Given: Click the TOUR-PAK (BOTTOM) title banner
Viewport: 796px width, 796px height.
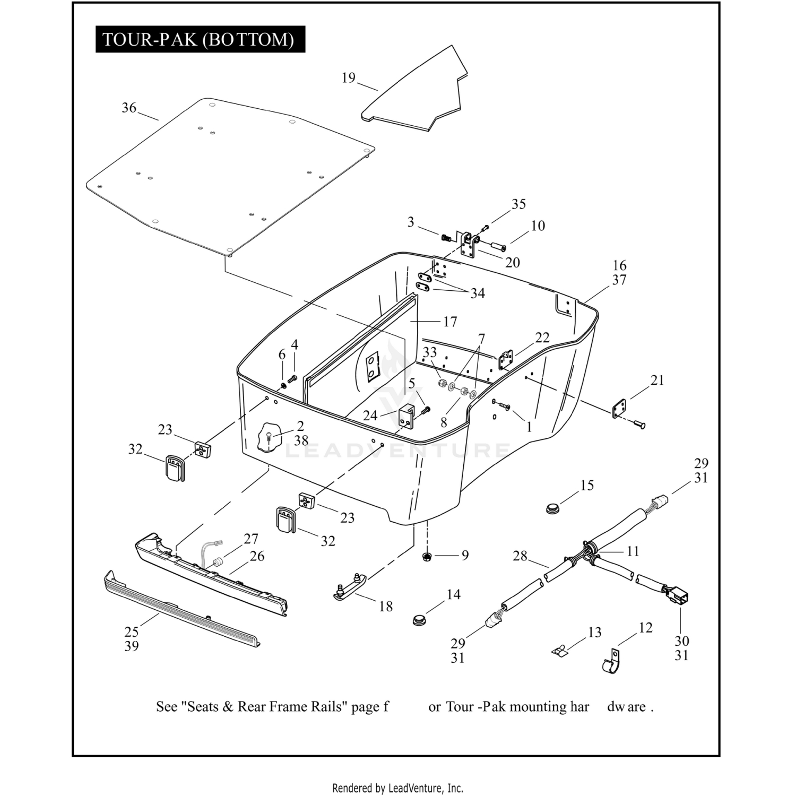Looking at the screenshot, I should [x=200, y=39].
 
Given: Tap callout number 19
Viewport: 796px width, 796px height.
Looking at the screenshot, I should [x=348, y=78].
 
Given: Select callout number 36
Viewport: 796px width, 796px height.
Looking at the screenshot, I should [x=129, y=108].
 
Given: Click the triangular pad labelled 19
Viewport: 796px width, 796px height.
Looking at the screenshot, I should [x=419, y=93].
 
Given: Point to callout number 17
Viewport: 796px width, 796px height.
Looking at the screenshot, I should [x=450, y=322].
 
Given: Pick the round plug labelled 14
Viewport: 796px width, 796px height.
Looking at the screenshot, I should [x=420, y=619].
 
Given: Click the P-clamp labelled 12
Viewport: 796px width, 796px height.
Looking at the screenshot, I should [x=611, y=661].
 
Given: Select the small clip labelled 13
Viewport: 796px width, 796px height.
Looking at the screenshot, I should [x=559, y=650].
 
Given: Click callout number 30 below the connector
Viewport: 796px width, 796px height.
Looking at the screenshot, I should [x=681, y=641].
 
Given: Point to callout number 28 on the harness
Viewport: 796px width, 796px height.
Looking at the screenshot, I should [x=520, y=556].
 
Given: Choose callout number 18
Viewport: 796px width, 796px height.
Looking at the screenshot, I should [x=386, y=606].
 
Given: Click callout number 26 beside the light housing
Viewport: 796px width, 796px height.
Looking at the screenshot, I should [x=257, y=556].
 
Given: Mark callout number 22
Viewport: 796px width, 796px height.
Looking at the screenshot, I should [x=542, y=338].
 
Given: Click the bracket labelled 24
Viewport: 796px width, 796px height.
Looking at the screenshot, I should [x=406, y=415].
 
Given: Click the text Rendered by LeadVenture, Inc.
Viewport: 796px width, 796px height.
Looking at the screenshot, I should [x=397, y=788].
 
